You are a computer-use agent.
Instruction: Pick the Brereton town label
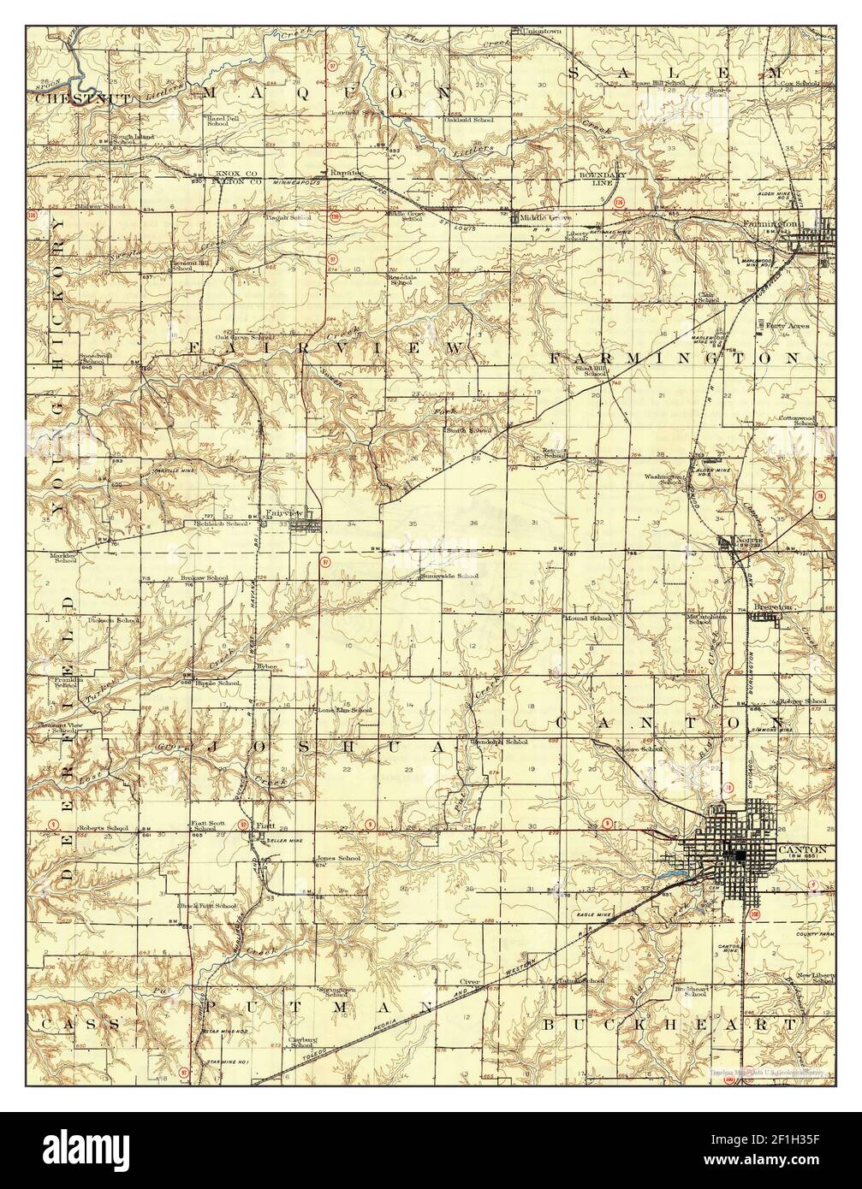click(x=775, y=606)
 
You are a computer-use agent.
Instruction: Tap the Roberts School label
click(x=103, y=828)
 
